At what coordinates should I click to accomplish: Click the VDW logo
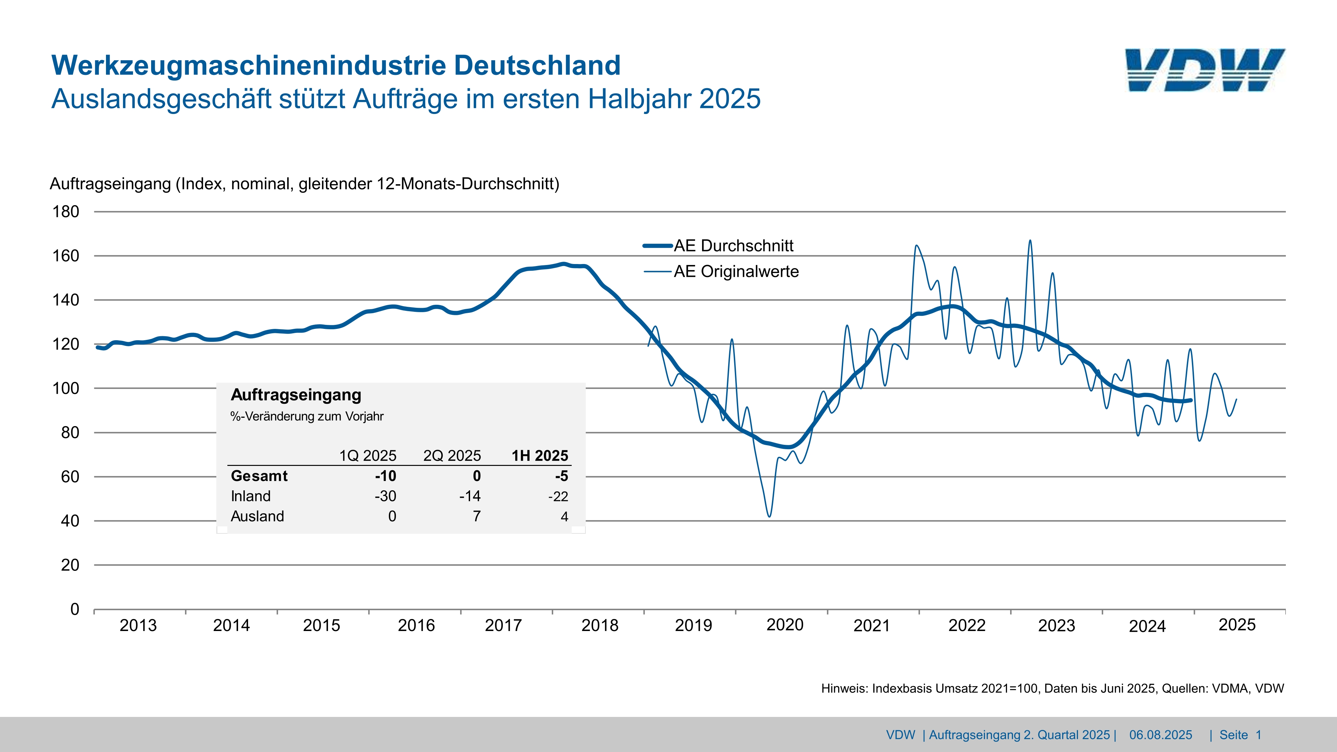click(x=1205, y=70)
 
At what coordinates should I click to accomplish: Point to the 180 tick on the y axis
click(x=66, y=212)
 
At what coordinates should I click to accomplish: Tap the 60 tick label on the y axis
click(x=70, y=476)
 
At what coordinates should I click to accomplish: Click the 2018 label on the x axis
click(x=600, y=625)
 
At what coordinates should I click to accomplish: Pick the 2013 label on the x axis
click(x=138, y=625)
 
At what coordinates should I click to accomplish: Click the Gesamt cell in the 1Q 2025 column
click(x=385, y=476)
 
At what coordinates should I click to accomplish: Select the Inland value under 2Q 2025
click(x=470, y=496)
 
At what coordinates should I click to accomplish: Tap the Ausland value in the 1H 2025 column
click(x=564, y=516)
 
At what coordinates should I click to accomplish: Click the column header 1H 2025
click(x=540, y=456)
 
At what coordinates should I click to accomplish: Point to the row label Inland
click(x=251, y=496)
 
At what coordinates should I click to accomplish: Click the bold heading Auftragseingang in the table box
click(x=296, y=395)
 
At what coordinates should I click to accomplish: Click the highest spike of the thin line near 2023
click(x=1030, y=240)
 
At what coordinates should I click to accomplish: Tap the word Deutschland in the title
click(x=537, y=66)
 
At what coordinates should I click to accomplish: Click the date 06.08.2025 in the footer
click(x=1160, y=735)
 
